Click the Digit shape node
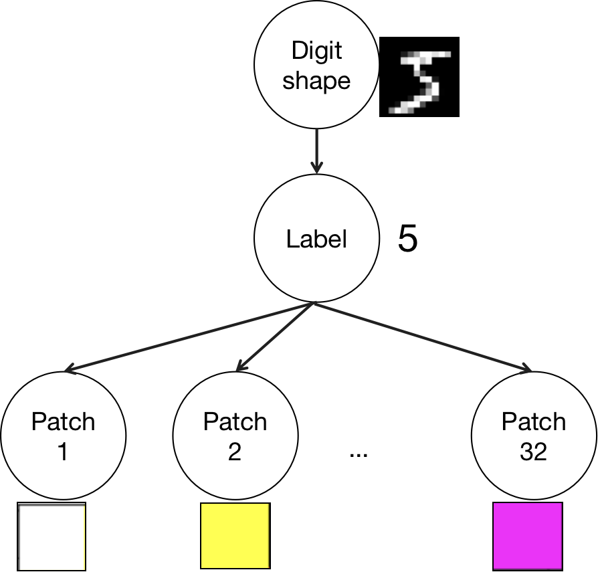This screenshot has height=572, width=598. click(316, 66)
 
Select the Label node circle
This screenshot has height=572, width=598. click(316, 239)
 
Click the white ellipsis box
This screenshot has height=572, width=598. click(359, 448)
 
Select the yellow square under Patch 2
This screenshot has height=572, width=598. click(235, 535)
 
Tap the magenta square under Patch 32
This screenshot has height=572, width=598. click(527, 535)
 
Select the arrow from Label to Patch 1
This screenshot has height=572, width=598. click(187, 337)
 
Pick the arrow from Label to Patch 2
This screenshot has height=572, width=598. click(274, 337)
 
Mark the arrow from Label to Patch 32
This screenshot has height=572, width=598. click(421, 337)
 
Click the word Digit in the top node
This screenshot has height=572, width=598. click(316, 50)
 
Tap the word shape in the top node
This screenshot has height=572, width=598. click(316, 82)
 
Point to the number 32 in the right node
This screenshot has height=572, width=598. click(533, 452)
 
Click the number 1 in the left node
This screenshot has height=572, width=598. click(63, 452)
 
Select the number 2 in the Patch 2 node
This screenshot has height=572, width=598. click(235, 452)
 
